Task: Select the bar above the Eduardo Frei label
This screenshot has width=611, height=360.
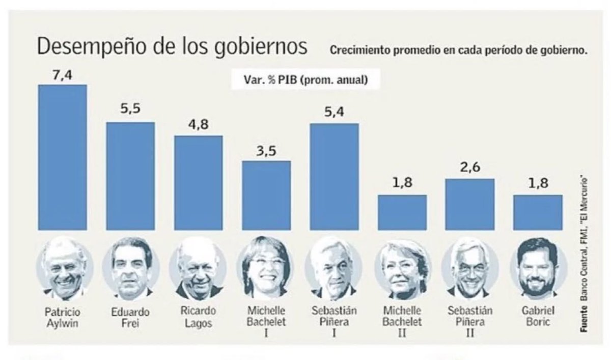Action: click(130, 175)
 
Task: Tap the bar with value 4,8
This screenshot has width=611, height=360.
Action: click(198, 182)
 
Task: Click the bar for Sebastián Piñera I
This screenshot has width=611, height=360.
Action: click(334, 176)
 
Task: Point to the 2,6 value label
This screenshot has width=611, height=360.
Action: click(469, 168)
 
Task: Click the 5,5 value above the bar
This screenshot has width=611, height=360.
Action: click(130, 111)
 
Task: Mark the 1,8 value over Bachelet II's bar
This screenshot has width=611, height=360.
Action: click(401, 184)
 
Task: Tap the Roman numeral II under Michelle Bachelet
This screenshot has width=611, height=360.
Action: click(402, 334)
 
